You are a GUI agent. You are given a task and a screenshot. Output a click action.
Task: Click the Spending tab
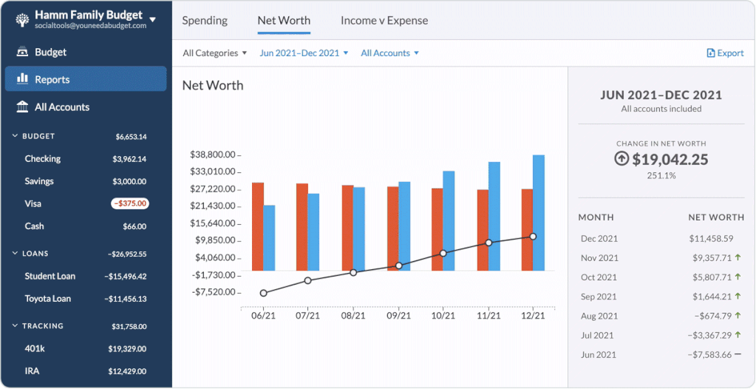(205, 21)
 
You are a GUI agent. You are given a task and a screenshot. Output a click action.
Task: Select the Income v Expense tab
(384, 21)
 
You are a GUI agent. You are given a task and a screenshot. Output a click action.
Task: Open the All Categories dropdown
(214, 53)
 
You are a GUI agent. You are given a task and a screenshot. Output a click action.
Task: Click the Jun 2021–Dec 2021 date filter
(303, 53)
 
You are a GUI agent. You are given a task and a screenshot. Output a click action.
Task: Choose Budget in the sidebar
(50, 53)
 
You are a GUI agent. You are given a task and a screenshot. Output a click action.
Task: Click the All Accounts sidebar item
(61, 107)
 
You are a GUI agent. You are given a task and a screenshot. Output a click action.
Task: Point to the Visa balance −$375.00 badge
(130, 203)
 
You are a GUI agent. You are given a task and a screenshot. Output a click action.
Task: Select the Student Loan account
(50, 277)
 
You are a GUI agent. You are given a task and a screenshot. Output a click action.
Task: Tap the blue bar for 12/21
(539, 212)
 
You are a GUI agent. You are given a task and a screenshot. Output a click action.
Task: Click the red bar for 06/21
(258, 226)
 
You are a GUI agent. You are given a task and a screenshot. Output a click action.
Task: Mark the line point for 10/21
(443, 253)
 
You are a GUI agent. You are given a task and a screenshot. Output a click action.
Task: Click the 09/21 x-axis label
(398, 316)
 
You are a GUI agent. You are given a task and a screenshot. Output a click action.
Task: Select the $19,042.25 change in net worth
(670, 159)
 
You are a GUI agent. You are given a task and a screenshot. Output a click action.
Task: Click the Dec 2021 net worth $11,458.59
(711, 239)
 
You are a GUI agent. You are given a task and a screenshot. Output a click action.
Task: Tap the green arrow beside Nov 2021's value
(738, 257)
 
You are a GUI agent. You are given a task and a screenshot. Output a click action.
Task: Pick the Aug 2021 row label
(599, 316)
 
